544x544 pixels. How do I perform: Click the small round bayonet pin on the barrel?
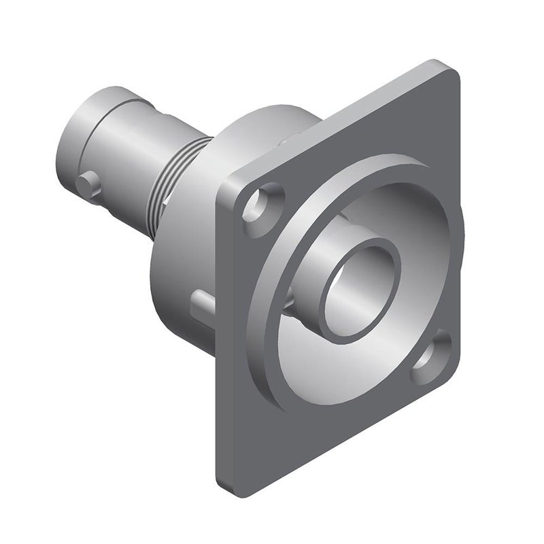pos(88,182)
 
